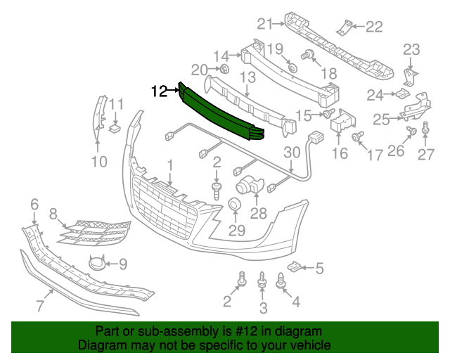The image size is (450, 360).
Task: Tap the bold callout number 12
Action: coord(160,91)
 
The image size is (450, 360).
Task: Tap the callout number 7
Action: coord(39,305)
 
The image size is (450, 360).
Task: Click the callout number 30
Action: coord(291,153)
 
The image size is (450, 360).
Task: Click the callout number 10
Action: coord(98,162)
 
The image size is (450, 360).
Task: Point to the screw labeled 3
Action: coord(263,281)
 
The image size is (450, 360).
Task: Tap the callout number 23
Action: coord(411,49)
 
